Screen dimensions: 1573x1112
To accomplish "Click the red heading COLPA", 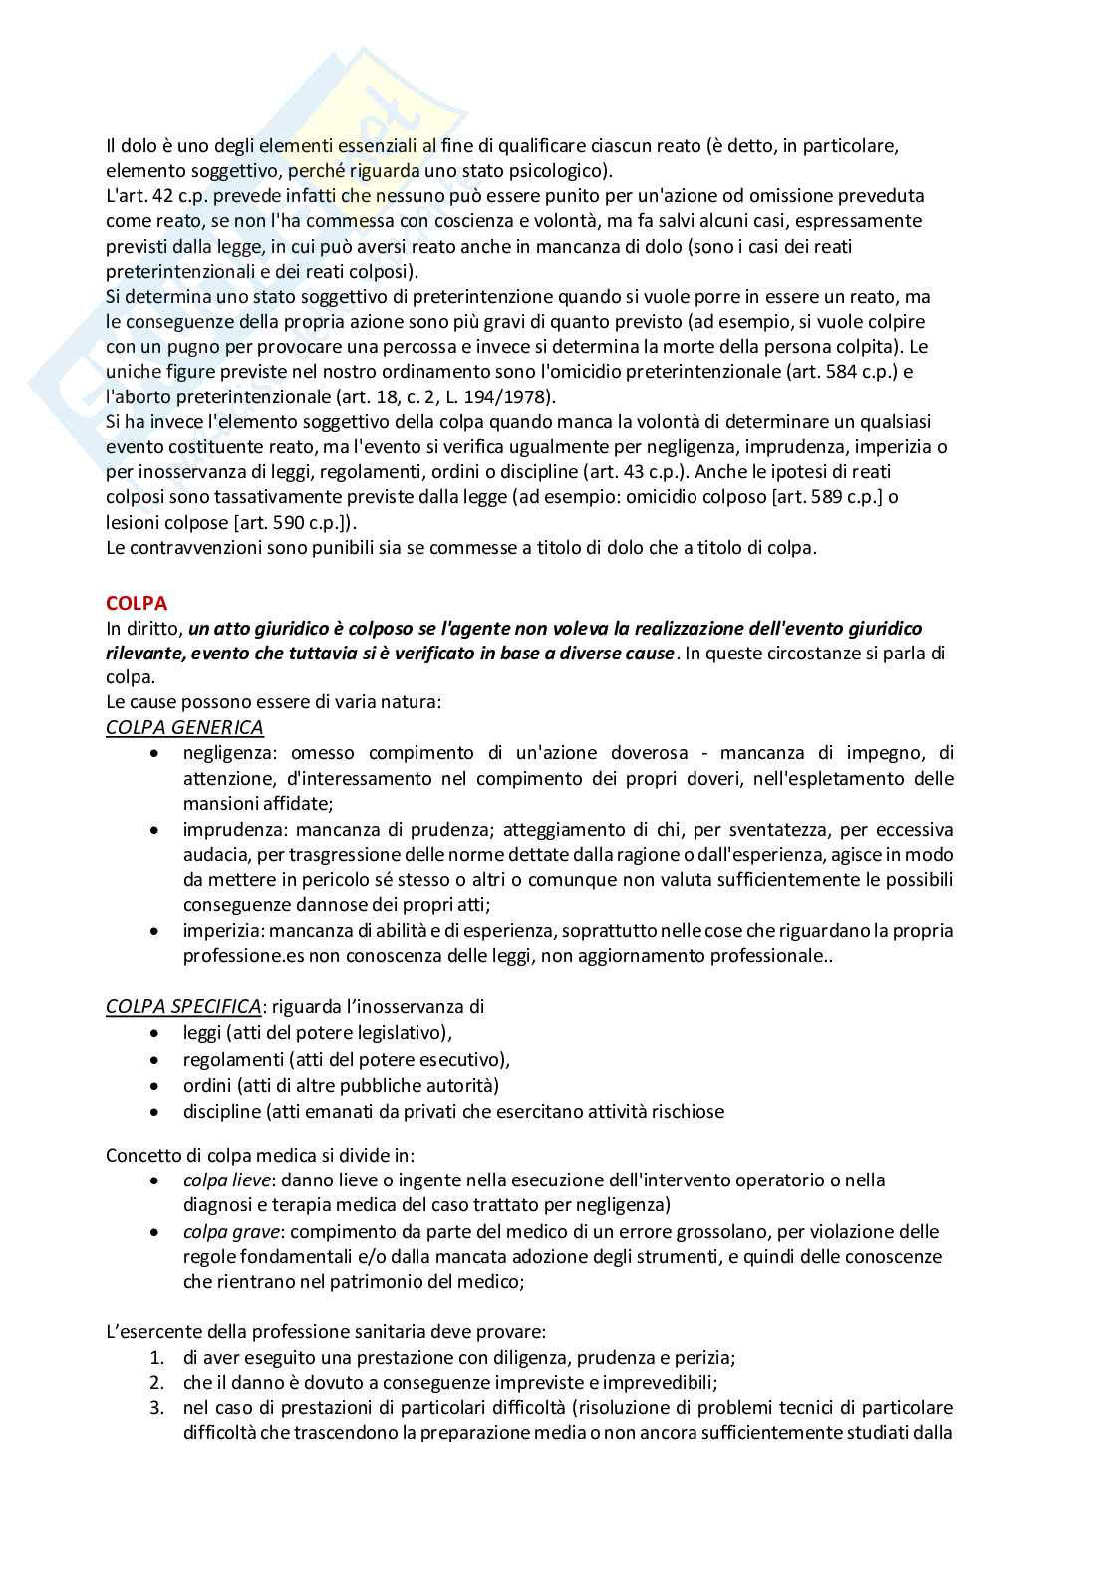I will tap(137, 603).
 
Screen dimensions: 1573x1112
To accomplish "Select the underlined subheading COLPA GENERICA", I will tap(184, 727).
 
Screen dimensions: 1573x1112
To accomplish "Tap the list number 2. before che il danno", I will tap(157, 1383).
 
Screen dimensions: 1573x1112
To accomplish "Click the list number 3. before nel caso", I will tap(157, 1408).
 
